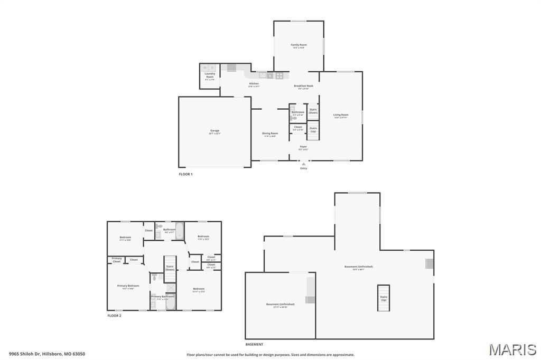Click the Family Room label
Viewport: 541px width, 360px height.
(x=299, y=45)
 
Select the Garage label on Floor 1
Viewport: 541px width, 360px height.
(x=214, y=131)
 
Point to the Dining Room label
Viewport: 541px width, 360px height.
(x=270, y=134)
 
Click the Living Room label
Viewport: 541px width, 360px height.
(x=341, y=115)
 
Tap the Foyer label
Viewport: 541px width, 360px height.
(x=303, y=147)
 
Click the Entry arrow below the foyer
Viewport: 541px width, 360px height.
(x=303, y=164)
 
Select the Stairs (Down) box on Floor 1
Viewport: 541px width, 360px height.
(x=313, y=111)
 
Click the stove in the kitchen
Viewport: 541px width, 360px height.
(x=279, y=75)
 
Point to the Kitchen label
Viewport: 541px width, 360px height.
(x=254, y=84)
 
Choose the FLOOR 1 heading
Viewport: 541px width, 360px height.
(x=185, y=174)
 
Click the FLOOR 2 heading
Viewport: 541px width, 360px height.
(x=114, y=316)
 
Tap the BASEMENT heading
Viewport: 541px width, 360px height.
(x=254, y=344)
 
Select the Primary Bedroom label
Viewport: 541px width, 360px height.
(x=128, y=286)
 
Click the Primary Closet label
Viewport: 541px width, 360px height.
(x=117, y=260)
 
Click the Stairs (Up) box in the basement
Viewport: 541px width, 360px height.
(x=384, y=298)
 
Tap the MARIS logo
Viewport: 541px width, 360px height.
(x=512, y=349)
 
